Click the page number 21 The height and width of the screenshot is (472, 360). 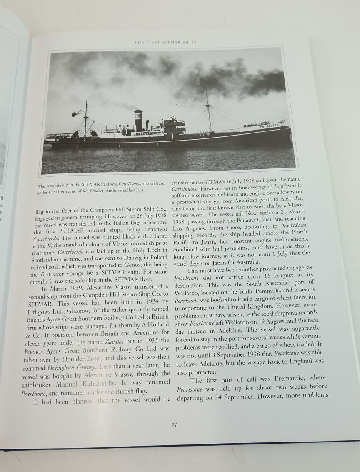point(174,425)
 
